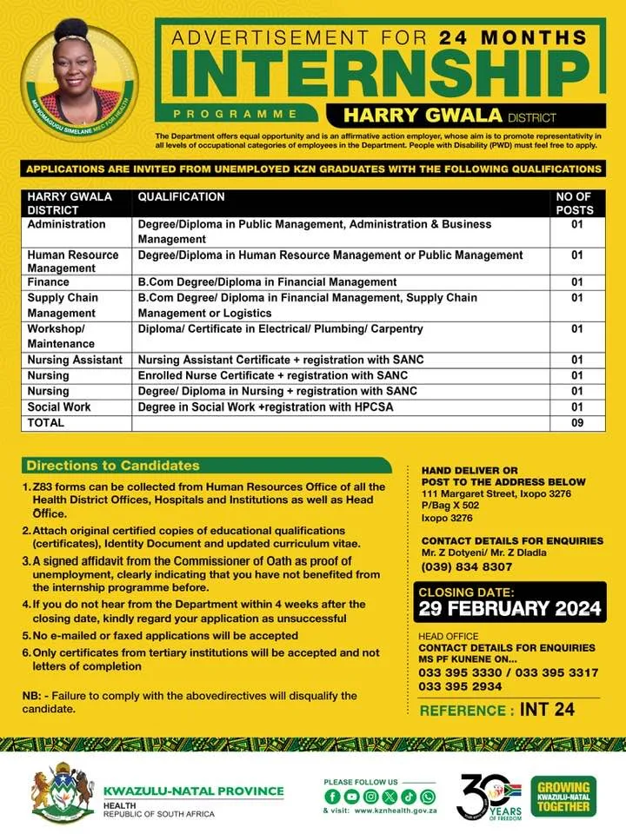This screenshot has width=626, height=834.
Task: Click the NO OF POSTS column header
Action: click(x=575, y=203)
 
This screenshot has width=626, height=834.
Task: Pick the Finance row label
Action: click(x=48, y=282)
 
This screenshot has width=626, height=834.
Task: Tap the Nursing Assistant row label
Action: click(x=76, y=360)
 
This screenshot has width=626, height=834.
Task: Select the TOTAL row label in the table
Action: click(x=46, y=422)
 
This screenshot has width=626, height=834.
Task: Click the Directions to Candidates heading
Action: click(x=113, y=466)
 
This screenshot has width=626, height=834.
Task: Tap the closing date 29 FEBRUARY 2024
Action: click(x=510, y=608)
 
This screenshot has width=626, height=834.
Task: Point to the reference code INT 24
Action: click(x=548, y=710)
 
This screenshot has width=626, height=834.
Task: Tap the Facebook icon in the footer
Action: click(x=331, y=796)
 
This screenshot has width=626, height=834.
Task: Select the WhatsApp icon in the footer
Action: click(x=427, y=796)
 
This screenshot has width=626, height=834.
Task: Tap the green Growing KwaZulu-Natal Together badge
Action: click(x=563, y=795)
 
